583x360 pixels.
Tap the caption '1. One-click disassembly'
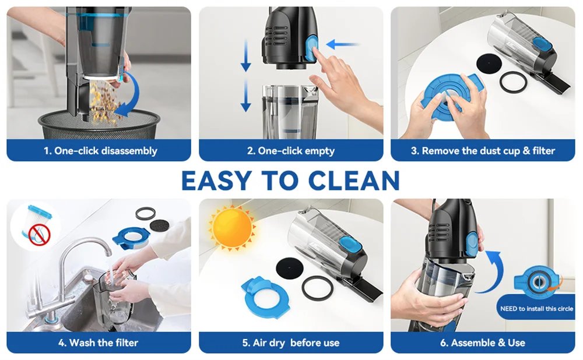(x=100, y=151)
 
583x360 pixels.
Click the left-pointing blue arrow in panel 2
(x=342, y=44)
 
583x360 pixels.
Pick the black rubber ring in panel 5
(x=318, y=286)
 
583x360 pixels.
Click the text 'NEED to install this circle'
(x=536, y=309)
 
